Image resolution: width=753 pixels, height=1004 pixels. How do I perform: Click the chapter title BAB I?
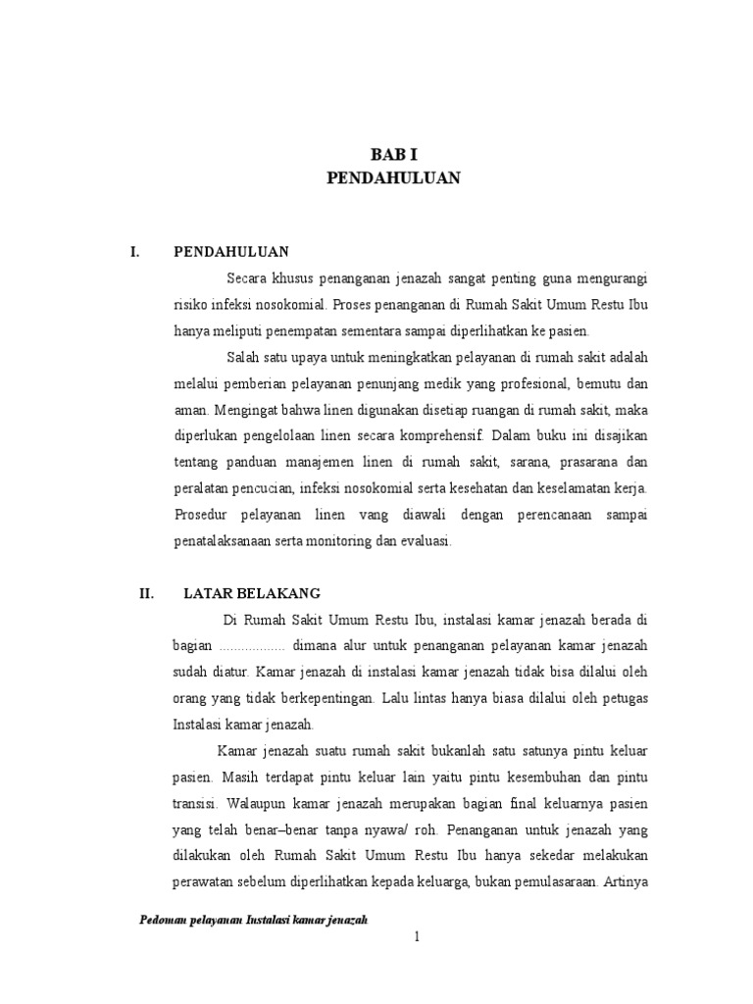point(393,154)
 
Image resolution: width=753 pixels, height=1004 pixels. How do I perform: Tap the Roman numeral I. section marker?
point(136,252)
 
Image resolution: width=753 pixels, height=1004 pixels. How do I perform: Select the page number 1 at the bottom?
point(417,936)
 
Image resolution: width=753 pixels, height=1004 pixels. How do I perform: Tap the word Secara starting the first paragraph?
point(248,277)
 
